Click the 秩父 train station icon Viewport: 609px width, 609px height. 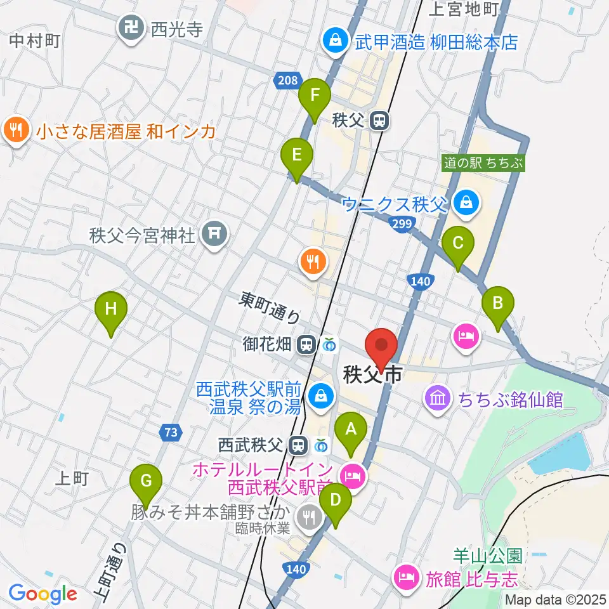(x=379, y=120)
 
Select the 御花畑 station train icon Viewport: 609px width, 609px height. (x=306, y=344)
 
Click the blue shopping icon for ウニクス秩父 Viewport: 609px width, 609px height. (x=466, y=203)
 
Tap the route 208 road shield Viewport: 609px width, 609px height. (x=287, y=80)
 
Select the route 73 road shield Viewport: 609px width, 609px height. (x=170, y=433)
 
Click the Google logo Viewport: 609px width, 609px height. (x=43, y=594)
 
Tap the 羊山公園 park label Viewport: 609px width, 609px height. (x=487, y=556)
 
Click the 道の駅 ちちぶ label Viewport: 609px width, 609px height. (x=483, y=163)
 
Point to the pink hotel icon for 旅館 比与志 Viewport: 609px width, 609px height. (x=405, y=577)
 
